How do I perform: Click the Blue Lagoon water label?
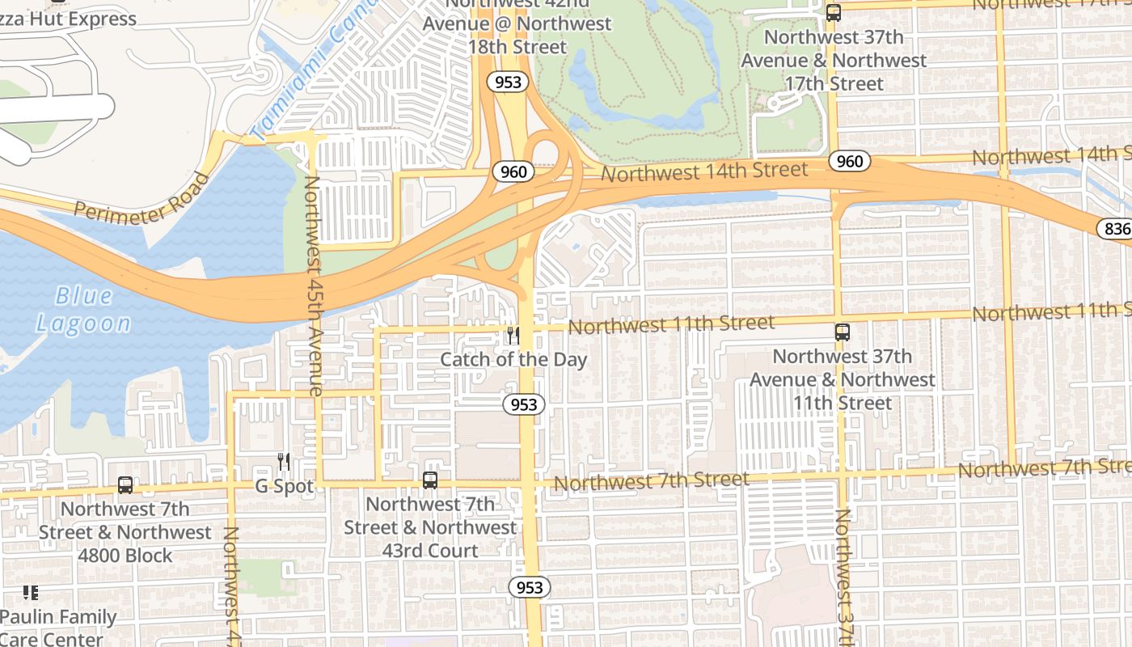[x=83, y=310]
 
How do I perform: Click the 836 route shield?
[x=1116, y=229]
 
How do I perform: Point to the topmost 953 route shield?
[x=507, y=82]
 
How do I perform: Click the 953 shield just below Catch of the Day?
[x=524, y=404]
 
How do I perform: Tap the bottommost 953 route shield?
[x=530, y=587]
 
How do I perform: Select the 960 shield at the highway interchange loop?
[x=513, y=171]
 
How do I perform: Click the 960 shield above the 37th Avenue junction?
[x=850, y=162]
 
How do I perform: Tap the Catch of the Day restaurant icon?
[x=513, y=335]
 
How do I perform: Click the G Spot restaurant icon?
[x=284, y=462]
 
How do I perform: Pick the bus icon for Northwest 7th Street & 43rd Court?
[x=430, y=480]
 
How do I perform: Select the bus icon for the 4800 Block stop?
[x=125, y=485]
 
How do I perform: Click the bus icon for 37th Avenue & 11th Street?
[x=843, y=332]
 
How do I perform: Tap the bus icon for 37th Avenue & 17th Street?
[x=834, y=13]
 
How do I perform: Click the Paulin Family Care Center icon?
[x=31, y=594]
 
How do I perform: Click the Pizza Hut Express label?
[x=69, y=18]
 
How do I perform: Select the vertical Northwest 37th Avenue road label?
[x=844, y=576]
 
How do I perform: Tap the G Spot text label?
[x=284, y=487]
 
